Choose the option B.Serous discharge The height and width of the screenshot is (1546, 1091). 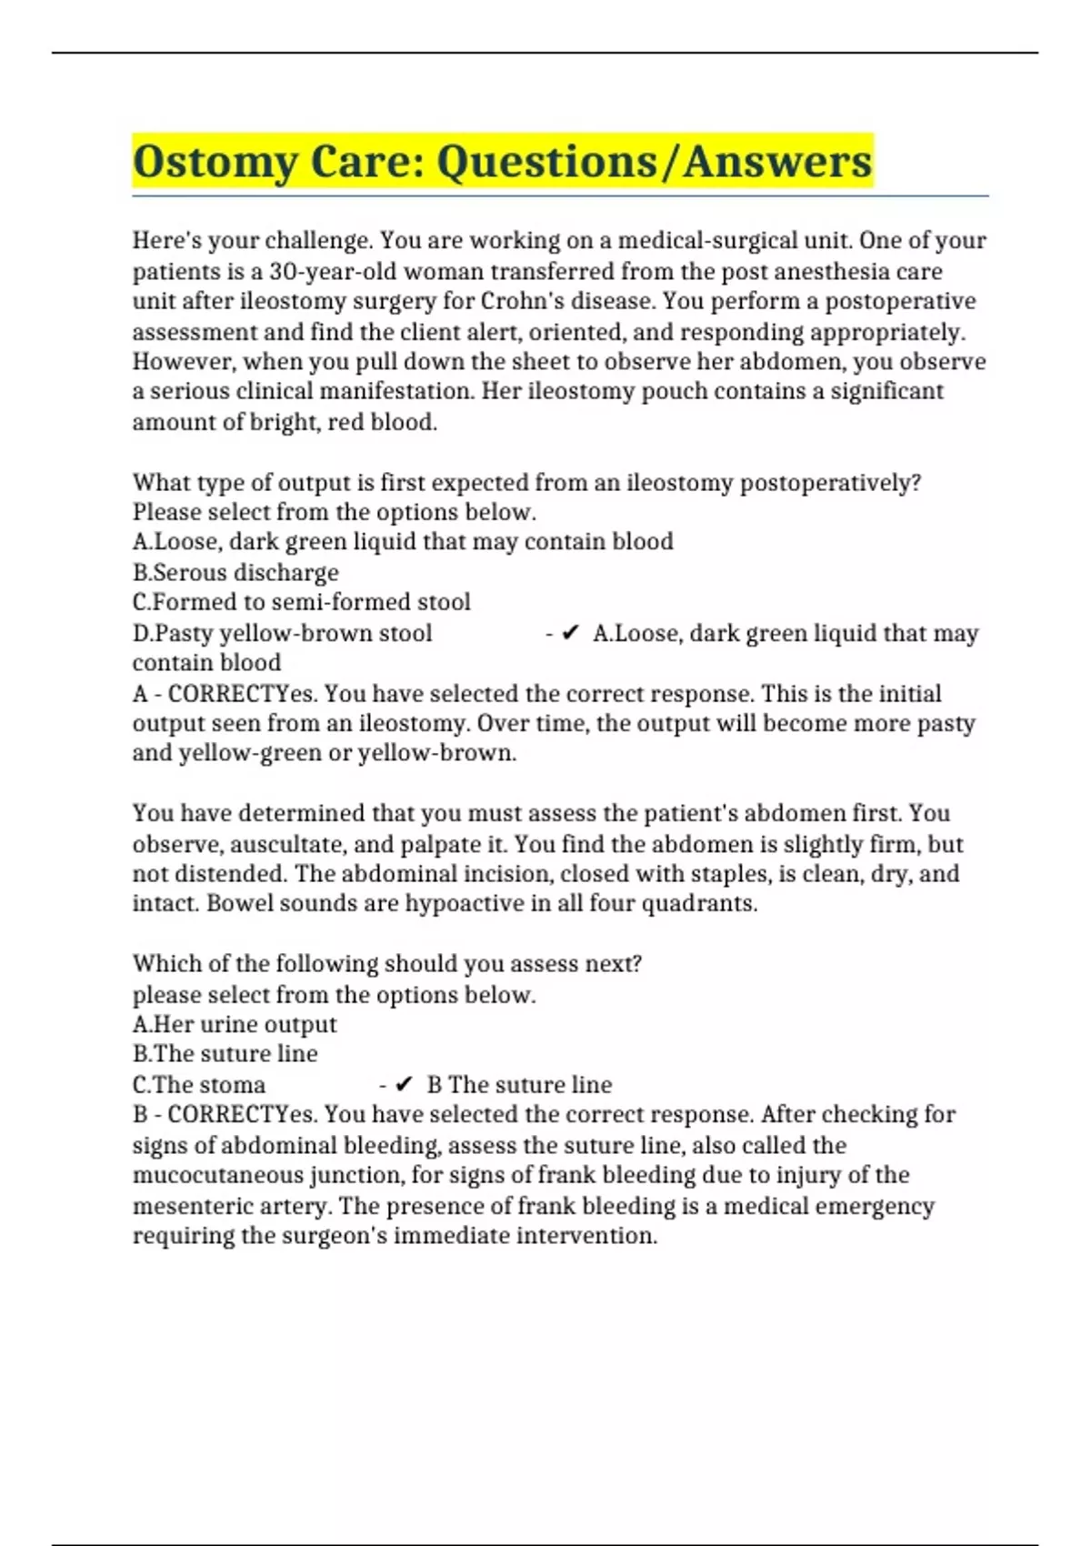coord(235,573)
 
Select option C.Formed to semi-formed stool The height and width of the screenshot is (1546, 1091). coord(301,603)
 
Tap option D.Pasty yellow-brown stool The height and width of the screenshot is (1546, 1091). coord(282,633)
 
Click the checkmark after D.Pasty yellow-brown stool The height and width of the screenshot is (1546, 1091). coord(571,633)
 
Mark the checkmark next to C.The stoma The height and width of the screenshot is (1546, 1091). coord(405,1084)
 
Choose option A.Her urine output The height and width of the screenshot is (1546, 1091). coord(235,1025)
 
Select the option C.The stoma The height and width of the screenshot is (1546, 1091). coord(199,1085)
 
